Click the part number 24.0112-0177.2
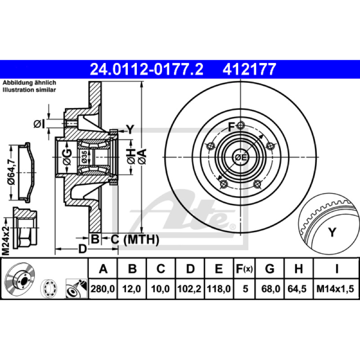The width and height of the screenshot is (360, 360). tap(147, 69)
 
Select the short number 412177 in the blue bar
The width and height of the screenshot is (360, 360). tap(249, 69)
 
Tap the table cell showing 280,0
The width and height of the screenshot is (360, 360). tap(103, 289)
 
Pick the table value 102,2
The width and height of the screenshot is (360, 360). tap(189, 289)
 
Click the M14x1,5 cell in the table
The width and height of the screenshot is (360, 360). tap(335, 289)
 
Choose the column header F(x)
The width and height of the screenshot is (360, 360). tap(244, 269)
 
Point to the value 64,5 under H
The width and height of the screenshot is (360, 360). tap(297, 289)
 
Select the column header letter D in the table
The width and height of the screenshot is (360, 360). tap(190, 269)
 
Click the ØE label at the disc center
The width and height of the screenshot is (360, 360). tap(241, 157)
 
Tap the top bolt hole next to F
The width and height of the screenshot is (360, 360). tap(240, 126)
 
